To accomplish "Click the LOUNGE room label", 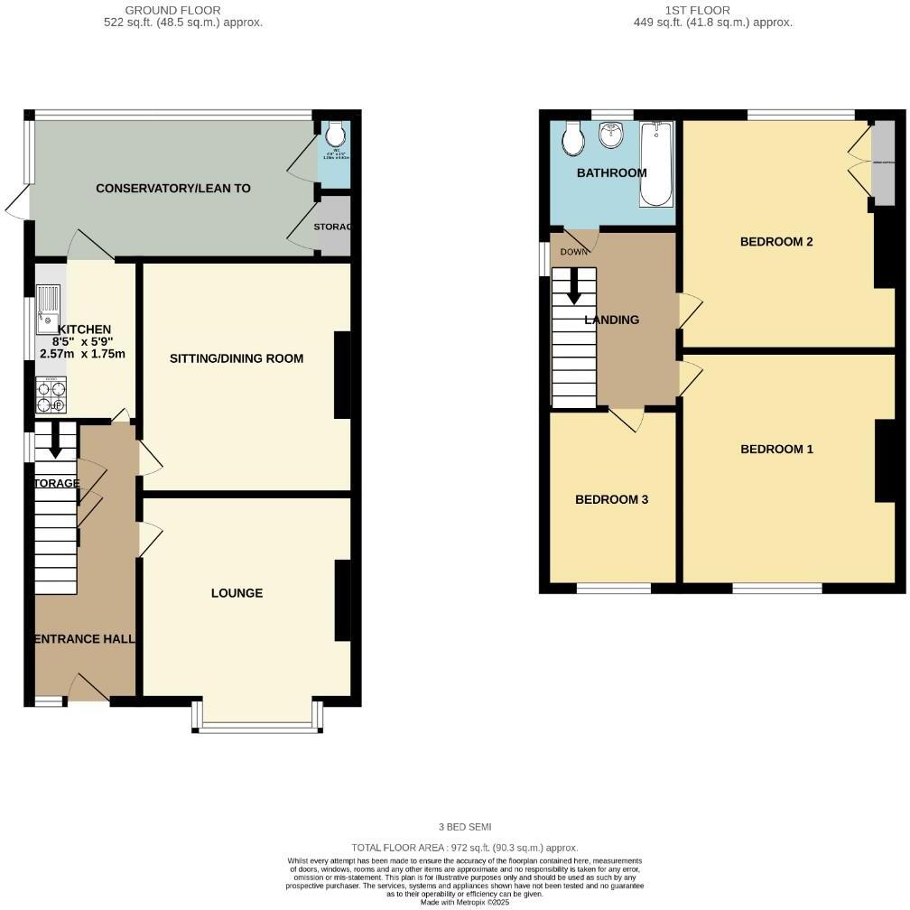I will click(237, 593).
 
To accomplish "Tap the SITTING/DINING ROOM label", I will click(237, 358).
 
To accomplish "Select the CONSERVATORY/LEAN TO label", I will click(172, 189).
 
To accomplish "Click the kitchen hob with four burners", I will click(51, 395).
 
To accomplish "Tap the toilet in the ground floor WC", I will click(335, 135).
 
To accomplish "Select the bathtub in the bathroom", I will click(656, 163).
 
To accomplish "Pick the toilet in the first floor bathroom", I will click(572, 139).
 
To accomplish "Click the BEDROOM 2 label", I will click(776, 241).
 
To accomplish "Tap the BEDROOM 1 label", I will click(776, 449).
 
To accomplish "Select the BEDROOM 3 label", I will click(611, 499).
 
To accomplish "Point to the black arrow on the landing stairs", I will click(573, 286).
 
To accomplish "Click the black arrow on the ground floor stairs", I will click(55, 441).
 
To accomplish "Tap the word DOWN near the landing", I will click(572, 252).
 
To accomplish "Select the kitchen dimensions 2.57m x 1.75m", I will click(82, 354).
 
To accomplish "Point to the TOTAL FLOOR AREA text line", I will click(464, 848).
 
